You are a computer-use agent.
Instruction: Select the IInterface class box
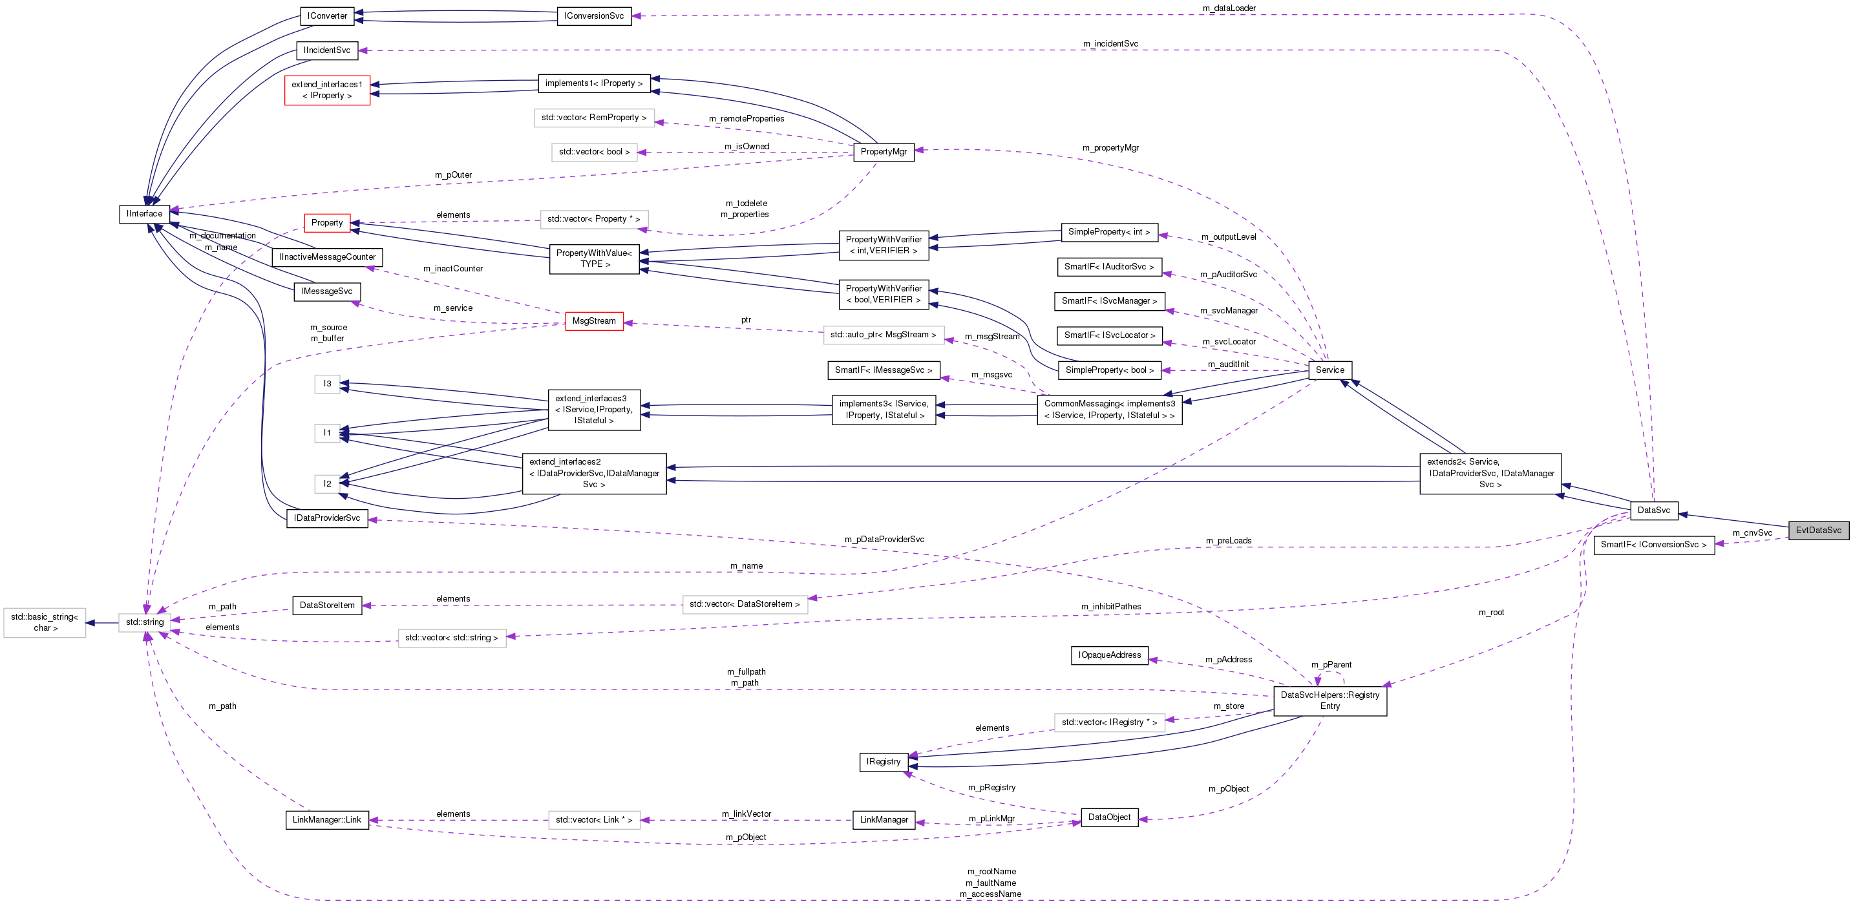(x=145, y=214)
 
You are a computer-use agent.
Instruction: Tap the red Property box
(x=327, y=223)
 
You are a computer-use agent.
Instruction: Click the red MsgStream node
(x=593, y=321)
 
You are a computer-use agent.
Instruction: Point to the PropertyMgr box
(x=884, y=152)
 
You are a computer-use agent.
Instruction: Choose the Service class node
(x=1329, y=370)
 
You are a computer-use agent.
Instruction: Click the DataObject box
(x=1109, y=817)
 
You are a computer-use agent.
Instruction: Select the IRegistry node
(x=884, y=762)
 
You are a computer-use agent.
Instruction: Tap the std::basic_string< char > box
(x=45, y=622)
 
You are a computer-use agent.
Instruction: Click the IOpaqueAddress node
(x=1109, y=655)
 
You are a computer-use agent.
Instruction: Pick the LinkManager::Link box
(x=327, y=820)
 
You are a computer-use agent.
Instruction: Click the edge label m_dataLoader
(x=1229, y=8)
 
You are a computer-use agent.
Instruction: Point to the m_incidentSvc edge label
(x=1110, y=44)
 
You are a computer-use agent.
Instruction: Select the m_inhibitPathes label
(x=1110, y=606)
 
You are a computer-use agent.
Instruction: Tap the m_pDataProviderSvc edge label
(x=884, y=540)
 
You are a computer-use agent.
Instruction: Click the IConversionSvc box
(x=594, y=16)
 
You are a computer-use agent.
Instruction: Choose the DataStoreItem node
(x=327, y=605)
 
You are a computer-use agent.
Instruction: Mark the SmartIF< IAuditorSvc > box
(x=1109, y=267)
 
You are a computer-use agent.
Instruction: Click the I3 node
(x=327, y=384)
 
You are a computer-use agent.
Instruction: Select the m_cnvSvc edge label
(x=1752, y=533)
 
